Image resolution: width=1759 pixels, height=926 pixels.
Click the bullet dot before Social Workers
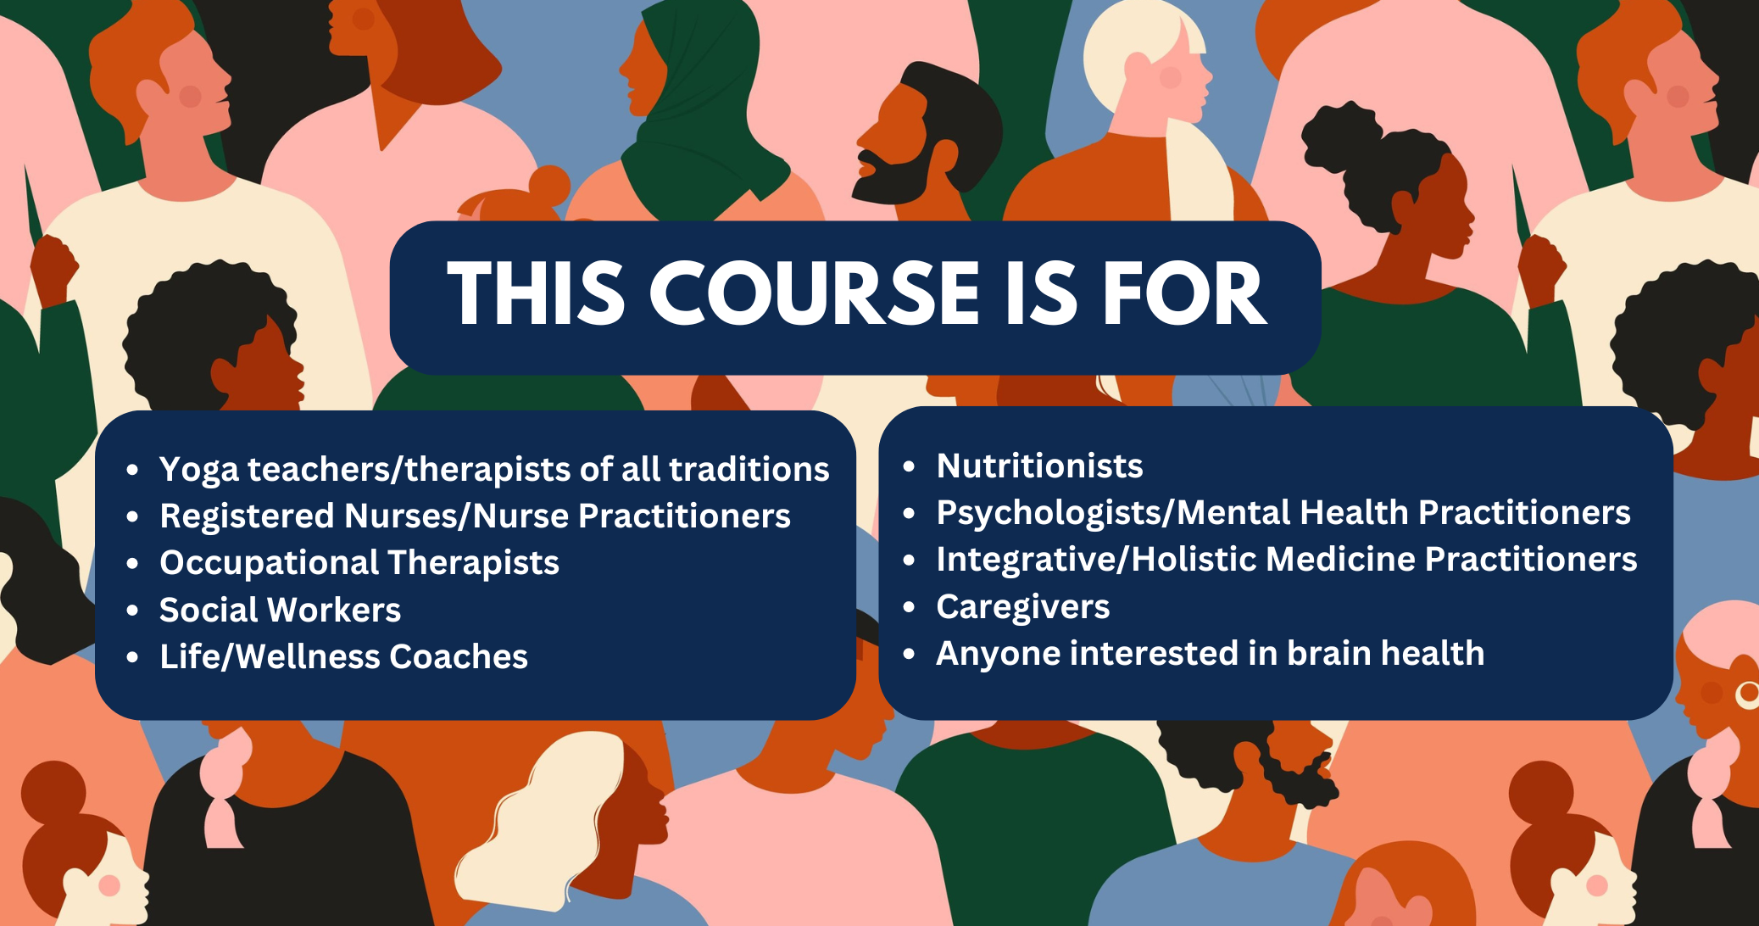tap(132, 611)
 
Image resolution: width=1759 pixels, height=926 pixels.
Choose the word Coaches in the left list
tap(458, 656)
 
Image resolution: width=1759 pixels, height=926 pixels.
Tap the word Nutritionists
tap(1039, 466)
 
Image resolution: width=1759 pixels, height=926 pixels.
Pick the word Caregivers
tap(1022, 607)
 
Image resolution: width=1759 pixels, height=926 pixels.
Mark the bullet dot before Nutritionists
tap(910, 466)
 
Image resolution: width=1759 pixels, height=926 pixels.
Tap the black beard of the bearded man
tap(894, 178)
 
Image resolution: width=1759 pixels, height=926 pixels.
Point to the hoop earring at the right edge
tap(1747, 694)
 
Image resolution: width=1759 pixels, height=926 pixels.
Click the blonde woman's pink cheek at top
tap(1171, 78)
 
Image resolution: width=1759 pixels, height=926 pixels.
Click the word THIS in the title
tap(536, 293)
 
